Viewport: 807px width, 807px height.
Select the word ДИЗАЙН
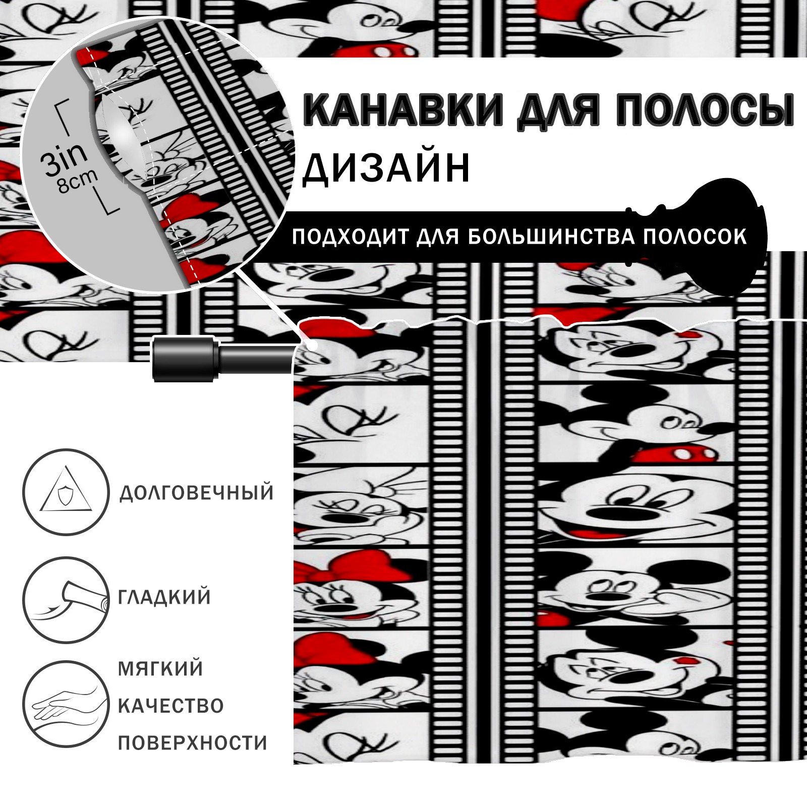pos(386,168)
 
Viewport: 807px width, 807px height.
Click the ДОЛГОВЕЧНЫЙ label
pos(197,493)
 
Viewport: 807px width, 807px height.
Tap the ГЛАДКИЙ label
pos(164,597)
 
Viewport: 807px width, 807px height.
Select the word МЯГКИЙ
pos(160,669)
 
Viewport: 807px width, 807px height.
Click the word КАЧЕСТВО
pos(170,706)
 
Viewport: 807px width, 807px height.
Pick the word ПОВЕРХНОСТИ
pos(192,743)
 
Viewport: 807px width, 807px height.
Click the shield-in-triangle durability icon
pos(66,492)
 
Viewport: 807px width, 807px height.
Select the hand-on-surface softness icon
pos(66,705)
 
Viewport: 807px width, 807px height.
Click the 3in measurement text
pos(64,158)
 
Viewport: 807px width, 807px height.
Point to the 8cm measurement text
pos(78,181)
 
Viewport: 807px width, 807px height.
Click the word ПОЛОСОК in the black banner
pos(695,237)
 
